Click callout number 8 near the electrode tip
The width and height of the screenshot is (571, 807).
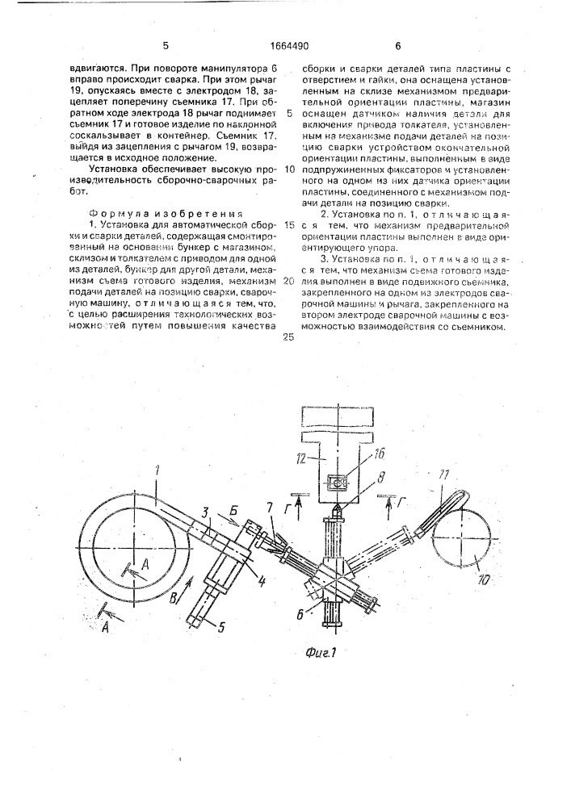[x=371, y=476]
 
